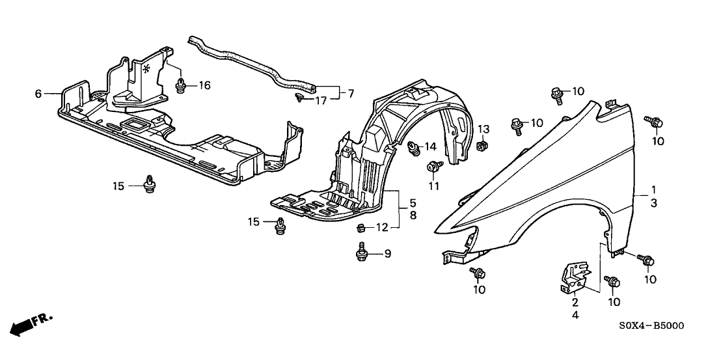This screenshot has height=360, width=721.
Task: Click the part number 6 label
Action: tap(38, 94)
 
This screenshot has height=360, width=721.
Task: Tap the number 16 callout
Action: tap(204, 85)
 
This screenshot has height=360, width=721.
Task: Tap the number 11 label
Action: tap(434, 186)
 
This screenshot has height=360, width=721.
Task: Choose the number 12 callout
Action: tap(382, 227)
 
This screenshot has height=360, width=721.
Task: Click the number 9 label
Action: tap(387, 254)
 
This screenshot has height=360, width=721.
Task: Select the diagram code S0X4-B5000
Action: tap(651, 325)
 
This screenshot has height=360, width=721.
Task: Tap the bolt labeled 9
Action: tap(362, 251)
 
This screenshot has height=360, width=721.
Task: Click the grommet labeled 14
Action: tap(413, 151)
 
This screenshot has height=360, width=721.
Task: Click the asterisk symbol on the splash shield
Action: tap(146, 68)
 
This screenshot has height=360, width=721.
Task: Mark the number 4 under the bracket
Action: tap(575, 315)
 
